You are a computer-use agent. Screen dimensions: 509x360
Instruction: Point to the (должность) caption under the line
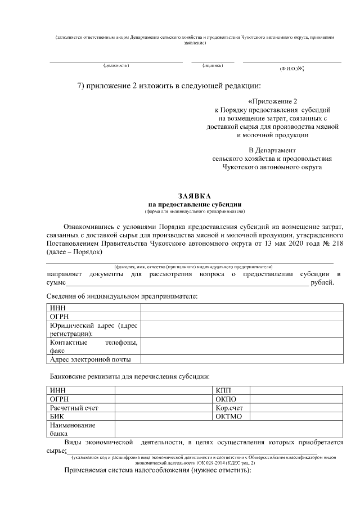click(116, 66)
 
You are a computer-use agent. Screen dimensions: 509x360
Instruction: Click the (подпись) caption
click(212, 66)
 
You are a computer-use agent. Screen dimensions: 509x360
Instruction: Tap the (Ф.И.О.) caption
click(289, 68)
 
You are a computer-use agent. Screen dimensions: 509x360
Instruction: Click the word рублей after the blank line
click(326, 282)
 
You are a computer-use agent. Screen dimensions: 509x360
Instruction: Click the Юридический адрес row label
click(93, 330)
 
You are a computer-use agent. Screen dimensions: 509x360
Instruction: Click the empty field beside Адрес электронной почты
click(242, 359)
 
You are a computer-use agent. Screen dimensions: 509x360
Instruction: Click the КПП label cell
click(223, 390)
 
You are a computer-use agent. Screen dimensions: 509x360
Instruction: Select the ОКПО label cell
click(226, 399)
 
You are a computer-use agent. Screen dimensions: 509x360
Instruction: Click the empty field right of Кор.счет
click(296, 408)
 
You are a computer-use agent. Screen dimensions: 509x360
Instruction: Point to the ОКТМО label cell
click(228, 416)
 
